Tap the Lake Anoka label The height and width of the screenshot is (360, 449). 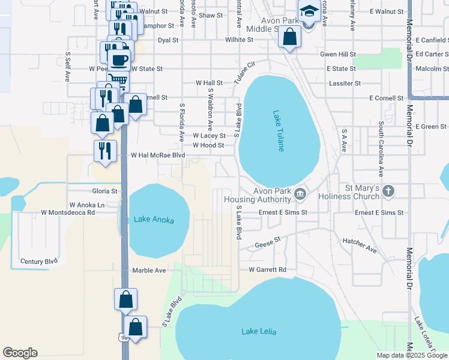(154, 220)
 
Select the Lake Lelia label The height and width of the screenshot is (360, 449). (258, 331)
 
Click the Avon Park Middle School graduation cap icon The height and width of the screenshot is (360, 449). (309, 11)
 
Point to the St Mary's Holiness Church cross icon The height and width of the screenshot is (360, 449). (388, 191)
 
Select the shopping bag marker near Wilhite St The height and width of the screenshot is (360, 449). (289, 37)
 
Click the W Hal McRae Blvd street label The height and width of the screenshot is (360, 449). (158, 155)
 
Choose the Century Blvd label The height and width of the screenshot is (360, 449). (39, 262)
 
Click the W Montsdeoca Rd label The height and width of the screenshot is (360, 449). (68, 212)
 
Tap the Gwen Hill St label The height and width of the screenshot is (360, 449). (338, 54)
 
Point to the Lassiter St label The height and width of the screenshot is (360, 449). (345, 83)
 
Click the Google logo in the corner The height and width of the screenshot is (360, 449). (20, 353)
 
